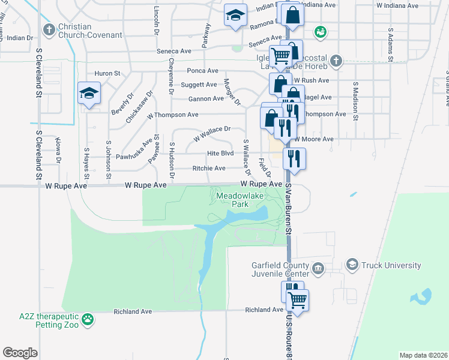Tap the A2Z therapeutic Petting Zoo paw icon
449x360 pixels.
[88, 320]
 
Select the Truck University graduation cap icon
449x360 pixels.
[352, 265]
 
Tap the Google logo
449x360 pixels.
[20, 352]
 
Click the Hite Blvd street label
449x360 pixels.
[220, 154]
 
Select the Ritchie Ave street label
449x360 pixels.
[209, 169]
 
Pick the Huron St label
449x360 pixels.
[107, 73]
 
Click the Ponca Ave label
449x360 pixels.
[203, 71]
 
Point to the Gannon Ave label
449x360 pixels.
[206, 98]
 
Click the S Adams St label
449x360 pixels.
[390, 42]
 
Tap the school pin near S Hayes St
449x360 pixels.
[89, 94]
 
